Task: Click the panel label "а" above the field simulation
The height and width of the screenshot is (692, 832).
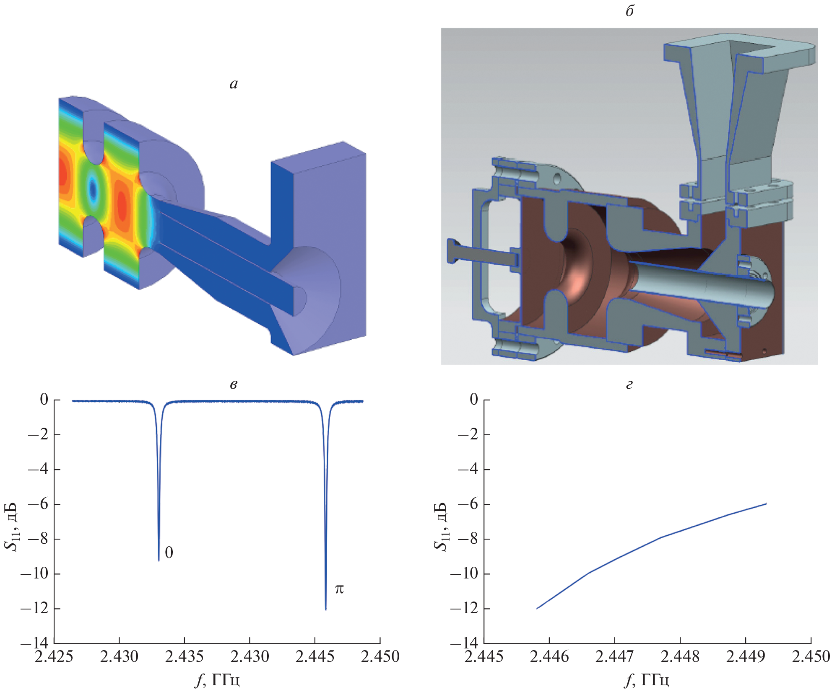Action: click(x=234, y=84)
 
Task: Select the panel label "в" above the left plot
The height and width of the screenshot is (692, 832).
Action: click(x=234, y=385)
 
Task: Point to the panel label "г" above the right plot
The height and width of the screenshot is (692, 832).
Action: click(x=629, y=385)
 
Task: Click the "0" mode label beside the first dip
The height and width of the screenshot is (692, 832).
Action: click(x=169, y=553)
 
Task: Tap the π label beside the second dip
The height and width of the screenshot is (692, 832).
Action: click(x=339, y=589)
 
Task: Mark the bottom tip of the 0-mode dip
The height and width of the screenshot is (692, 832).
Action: click(x=159, y=560)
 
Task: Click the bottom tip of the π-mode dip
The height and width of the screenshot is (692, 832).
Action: click(x=326, y=609)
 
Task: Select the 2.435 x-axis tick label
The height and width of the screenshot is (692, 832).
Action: click(x=185, y=656)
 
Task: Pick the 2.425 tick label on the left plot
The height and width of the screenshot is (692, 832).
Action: click(x=54, y=656)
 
